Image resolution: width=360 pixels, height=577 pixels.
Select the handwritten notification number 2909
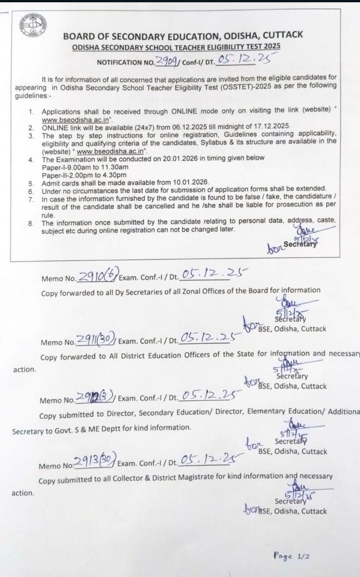tap(165, 61)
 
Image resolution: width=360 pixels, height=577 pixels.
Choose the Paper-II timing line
tap(84, 174)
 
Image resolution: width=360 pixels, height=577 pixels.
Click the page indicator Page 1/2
tap(292, 556)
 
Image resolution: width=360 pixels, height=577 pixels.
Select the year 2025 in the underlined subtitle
tap(272, 46)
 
